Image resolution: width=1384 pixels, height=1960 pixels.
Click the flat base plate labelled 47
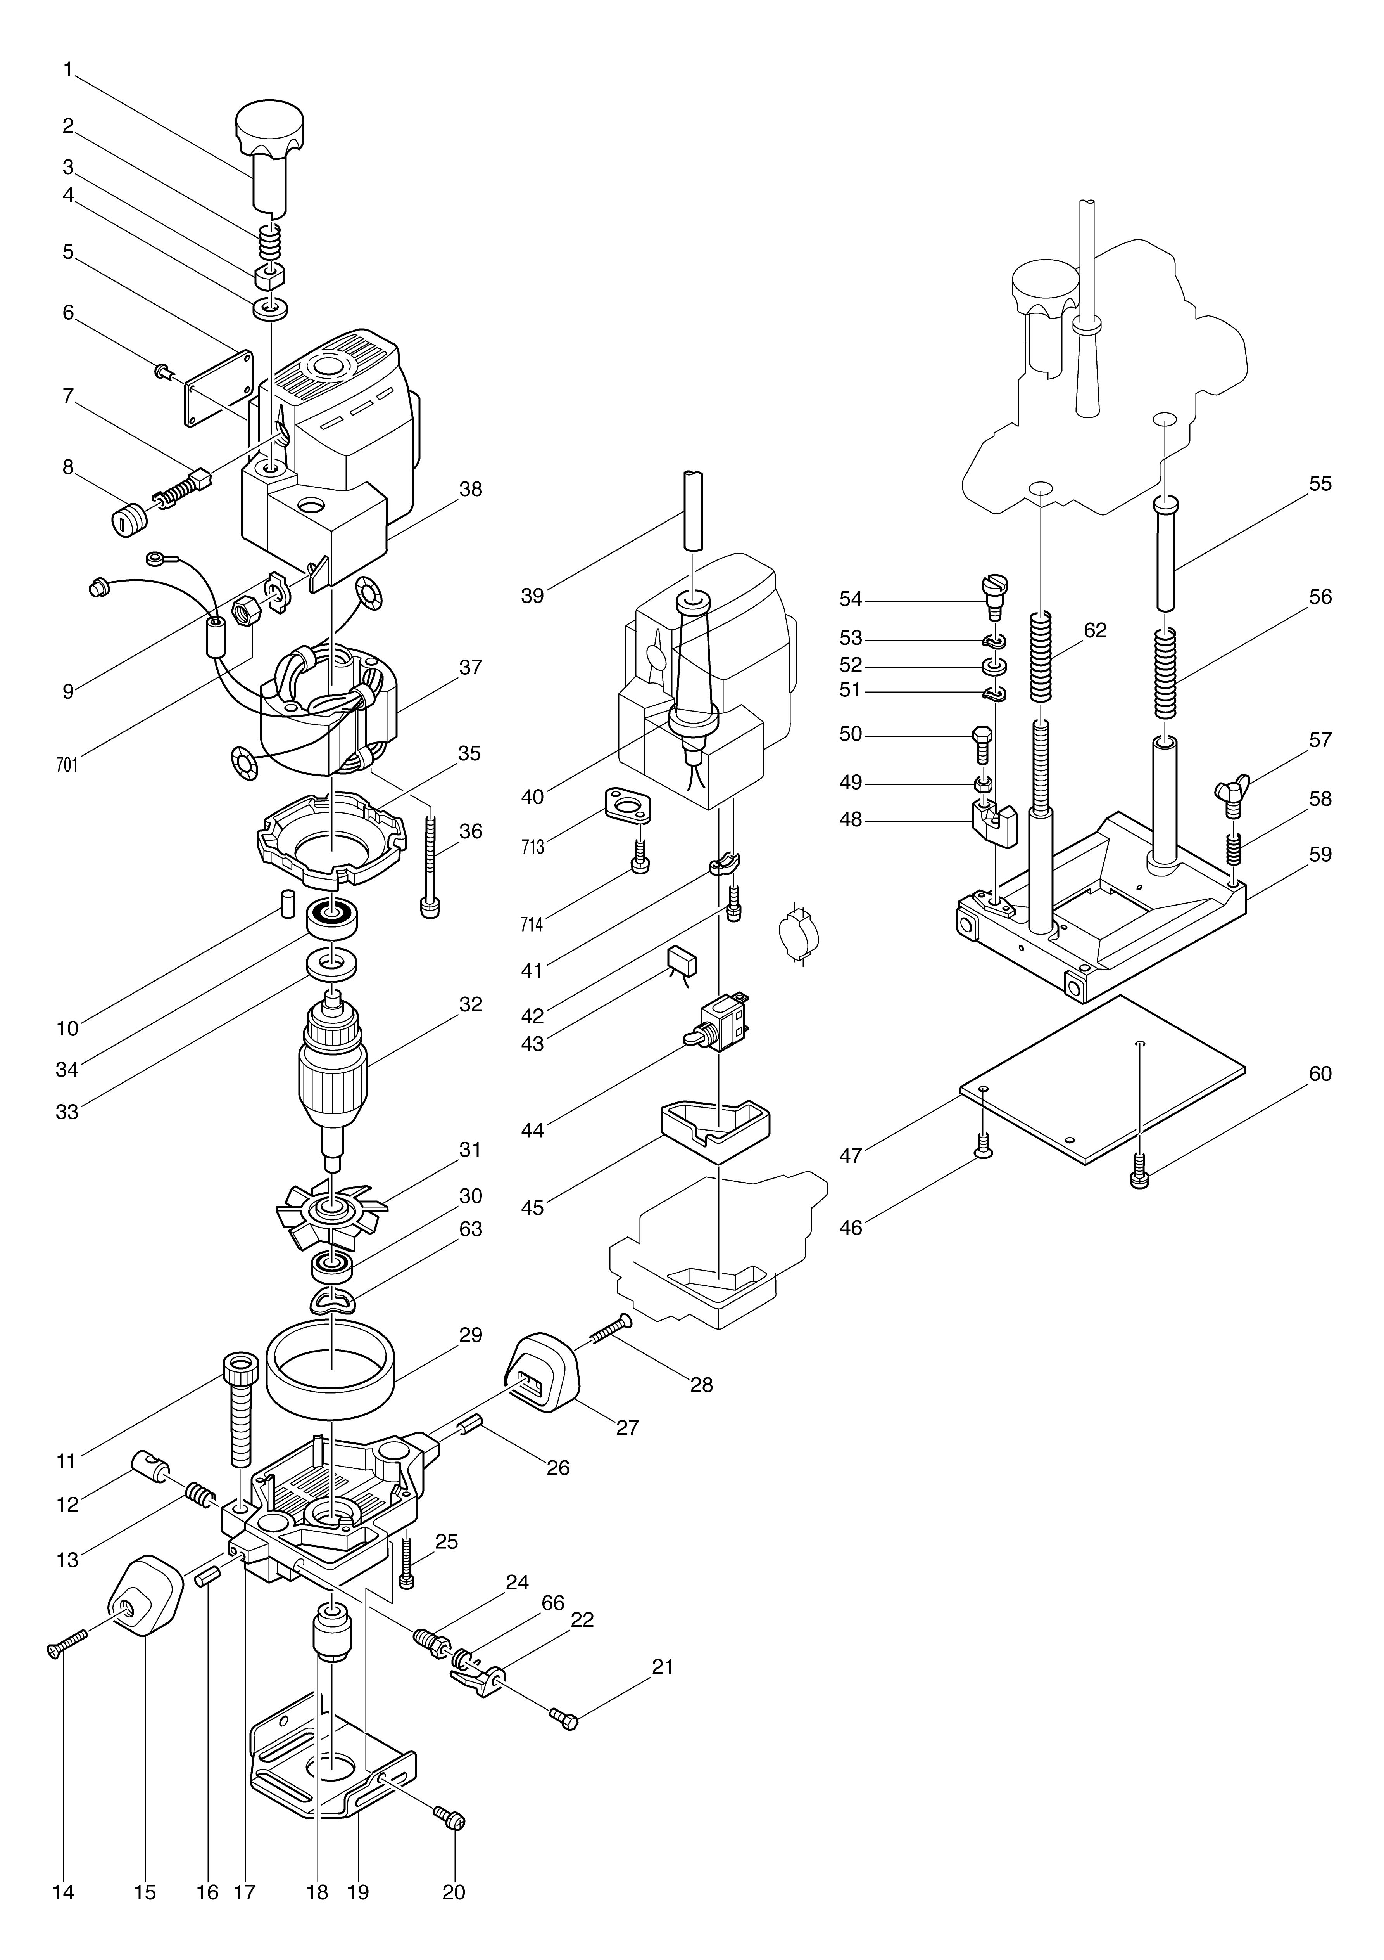point(1101,1077)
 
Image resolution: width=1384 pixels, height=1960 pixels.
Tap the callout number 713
point(532,848)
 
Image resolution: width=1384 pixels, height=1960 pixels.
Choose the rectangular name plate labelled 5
point(218,387)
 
